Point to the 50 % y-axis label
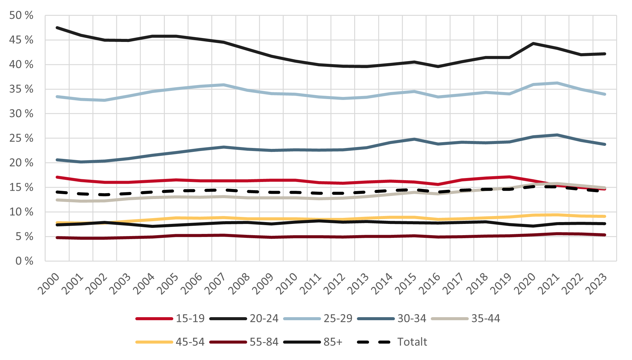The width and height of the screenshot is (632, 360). pos(21,15)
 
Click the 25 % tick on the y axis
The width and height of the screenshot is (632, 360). pos(21,138)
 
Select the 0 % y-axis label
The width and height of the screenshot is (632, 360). pos(24,261)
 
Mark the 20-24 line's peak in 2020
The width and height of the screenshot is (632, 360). pos(533,43)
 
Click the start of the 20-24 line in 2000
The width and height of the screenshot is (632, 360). pos(57,28)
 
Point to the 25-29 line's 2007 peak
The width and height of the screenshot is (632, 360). pos(224,85)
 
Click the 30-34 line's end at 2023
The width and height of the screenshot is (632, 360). pos(605,144)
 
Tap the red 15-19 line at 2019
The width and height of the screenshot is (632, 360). pos(509,177)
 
